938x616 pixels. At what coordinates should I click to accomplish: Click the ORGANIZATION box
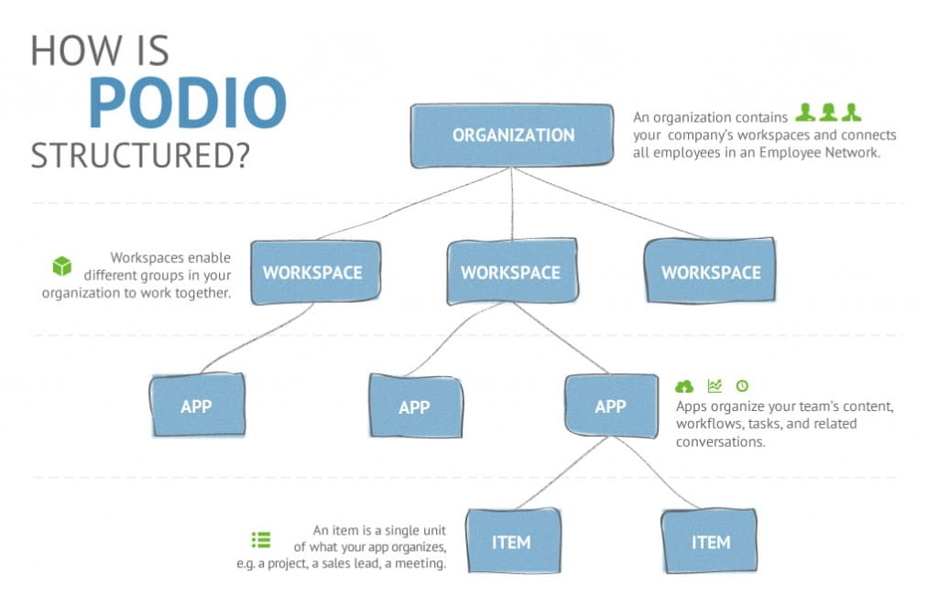[x=512, y=135]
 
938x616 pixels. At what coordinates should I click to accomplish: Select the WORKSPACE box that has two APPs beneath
[x=511, y=272]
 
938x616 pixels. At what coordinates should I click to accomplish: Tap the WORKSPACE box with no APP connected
[x=710, y=272]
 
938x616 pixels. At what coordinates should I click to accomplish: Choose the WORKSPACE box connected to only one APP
[x=313, y=272]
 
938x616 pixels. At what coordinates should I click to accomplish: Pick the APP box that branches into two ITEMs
[x=610, y=406]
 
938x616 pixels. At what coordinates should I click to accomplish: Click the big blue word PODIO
[x=188, y=103]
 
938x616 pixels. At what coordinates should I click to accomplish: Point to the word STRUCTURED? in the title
[x=140, y=155]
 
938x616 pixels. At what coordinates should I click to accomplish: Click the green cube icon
[x=61, y=266]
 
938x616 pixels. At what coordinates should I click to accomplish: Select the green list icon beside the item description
[x=261, y=540]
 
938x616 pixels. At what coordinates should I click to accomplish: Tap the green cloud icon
[x=684, y=386]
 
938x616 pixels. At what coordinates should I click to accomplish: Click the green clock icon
[x=742, y=386]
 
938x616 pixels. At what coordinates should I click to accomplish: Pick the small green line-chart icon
[x=714, y=386]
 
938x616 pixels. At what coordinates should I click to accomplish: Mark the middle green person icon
[x=829, y=113]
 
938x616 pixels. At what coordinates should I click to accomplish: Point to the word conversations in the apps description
[x=720, y=442]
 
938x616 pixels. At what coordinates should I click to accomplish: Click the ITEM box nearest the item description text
[x=510, y=542]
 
